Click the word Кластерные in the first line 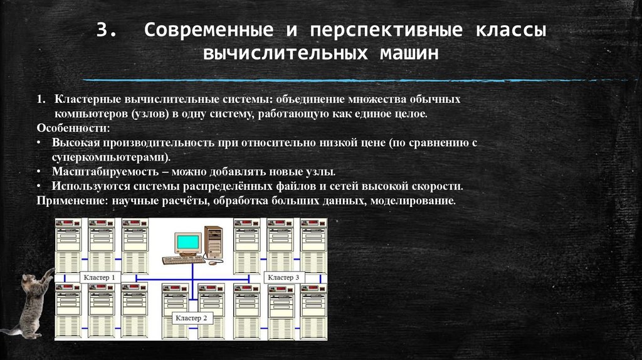(85, 100)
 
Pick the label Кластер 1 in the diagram (99, 277)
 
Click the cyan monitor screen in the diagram (188, 242)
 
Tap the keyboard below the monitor (182, 259)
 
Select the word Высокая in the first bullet (71, 143)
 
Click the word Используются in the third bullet (85, 186)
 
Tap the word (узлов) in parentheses (148, 114)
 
